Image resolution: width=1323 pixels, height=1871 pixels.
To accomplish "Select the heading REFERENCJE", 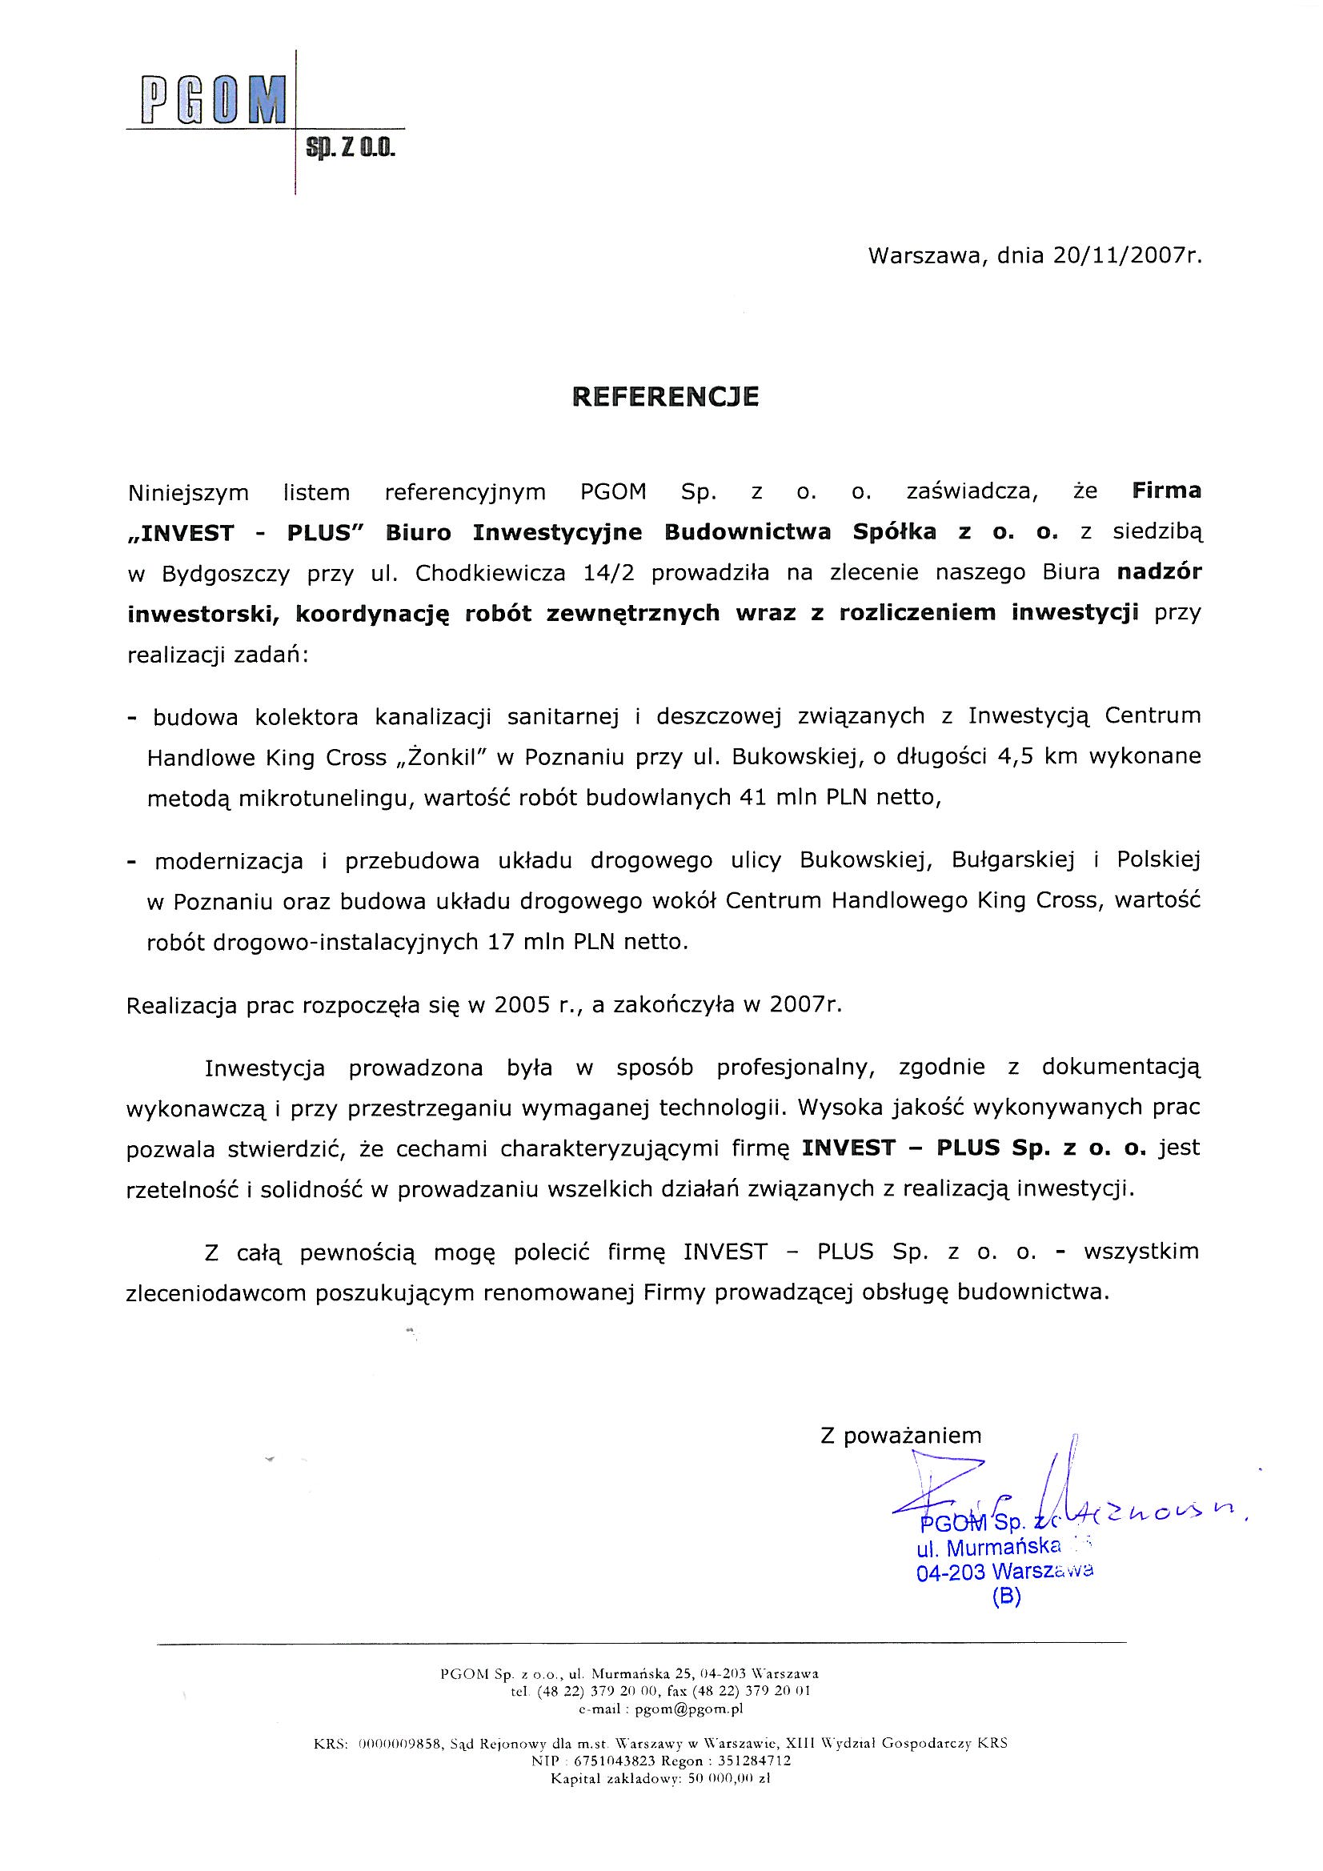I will click(x=665, y=396).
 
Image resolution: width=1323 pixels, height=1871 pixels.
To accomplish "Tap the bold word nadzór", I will click(x=1158, y=572).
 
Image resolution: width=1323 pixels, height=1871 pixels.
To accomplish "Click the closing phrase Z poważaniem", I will click(x=900, y=1436).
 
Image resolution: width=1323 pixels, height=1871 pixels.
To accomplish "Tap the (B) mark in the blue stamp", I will click(x=1006, y=1598).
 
